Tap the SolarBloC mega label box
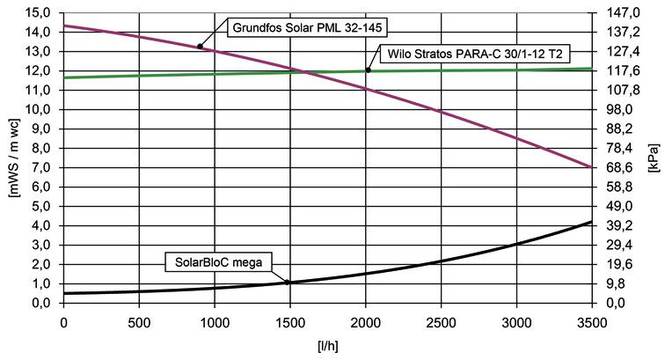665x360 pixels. (220, 261)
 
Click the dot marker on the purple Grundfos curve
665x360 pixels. (201, 47)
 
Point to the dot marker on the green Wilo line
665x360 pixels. (368, 70)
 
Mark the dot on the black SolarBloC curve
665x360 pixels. (288, 283)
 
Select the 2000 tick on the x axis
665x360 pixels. (365, 322)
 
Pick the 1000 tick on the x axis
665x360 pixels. (214, 322)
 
